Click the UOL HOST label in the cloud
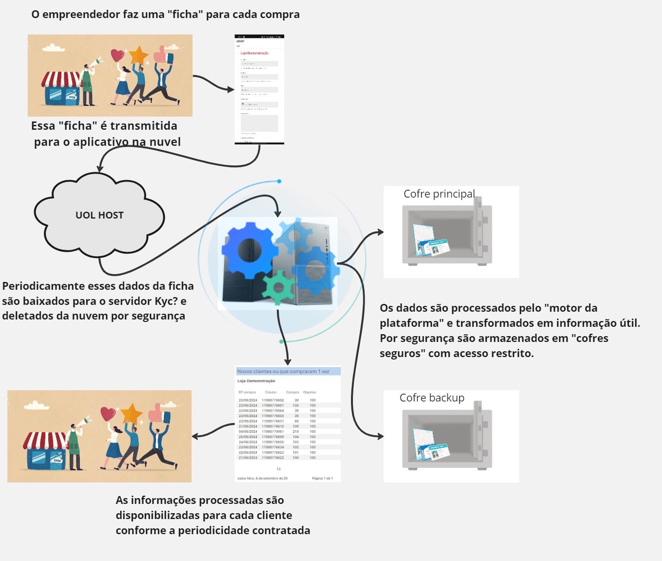pyautogui.click(x=99, y=215)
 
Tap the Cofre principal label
pyautogui.click(x=439, y=194)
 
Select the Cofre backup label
pyautogui.click(x=432, y=398)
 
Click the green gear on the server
pyautogui.click(x=279, y=287)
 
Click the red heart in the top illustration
pyautogui.click(x=117, y=55)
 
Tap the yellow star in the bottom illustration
pyautogui.click(x=131, y=414)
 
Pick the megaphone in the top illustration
pyautogui.click(x=94, y=63)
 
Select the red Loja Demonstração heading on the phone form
pyautogui.click(x=254, y=53)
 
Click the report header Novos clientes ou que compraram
pyautogui.click(x=283, y=371)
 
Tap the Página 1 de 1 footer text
pyautogui.click(x=322, y=478)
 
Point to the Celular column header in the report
pyautogui.click(x=271, y=392)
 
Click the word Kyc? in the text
pyautogui.click(x=166, y=301)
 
